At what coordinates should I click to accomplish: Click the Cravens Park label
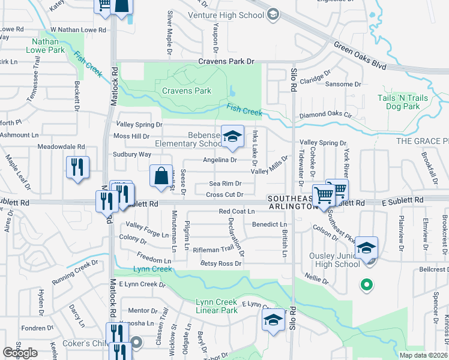coord(187,91)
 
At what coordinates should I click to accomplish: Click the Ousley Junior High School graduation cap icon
coord(366,248)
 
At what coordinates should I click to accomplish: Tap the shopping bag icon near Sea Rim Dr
coord(161,176)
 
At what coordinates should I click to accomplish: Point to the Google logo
coord(20,353)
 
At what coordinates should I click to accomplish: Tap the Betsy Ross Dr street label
coord(221,263)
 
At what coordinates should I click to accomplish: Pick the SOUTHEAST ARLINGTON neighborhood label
coord(291,202)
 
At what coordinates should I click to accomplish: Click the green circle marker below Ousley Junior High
coord(366,285)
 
